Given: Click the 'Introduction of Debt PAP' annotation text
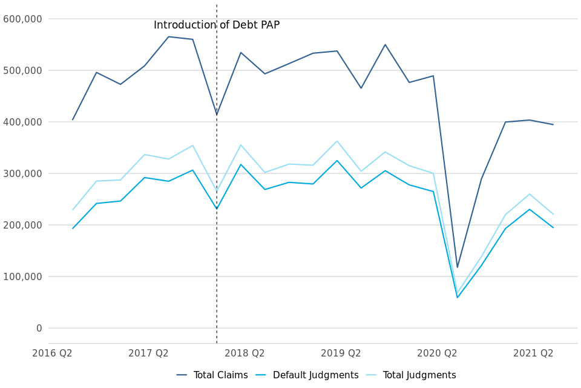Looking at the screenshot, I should tap(217, 25).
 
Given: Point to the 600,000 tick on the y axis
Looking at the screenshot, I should tap(23, 19).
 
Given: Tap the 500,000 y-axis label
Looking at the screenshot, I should tap(23, 70).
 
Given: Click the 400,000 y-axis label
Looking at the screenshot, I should tap(23, 122).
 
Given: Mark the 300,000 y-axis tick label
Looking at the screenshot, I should tap(23, 173).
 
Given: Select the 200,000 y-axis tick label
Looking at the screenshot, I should tap(23, 225).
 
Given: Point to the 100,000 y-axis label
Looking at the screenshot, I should tap(23, 276).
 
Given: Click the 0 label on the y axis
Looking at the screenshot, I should tap(39, 328).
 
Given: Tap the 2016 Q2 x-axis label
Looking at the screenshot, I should tap(52, 353).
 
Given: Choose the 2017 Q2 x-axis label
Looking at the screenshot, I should tap(148, 353).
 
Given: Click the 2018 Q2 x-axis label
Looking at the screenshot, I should tap(245, 353).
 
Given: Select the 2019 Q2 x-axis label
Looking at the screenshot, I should tap(341, 353).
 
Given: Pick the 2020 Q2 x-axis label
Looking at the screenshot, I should tap(437, 353).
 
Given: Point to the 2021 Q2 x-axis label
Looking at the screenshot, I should tap(533, 353).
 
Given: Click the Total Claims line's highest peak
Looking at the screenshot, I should tap(168, 37).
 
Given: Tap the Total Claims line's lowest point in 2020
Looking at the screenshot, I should tap(458, 267).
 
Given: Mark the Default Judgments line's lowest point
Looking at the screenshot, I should tap(458, 298).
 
